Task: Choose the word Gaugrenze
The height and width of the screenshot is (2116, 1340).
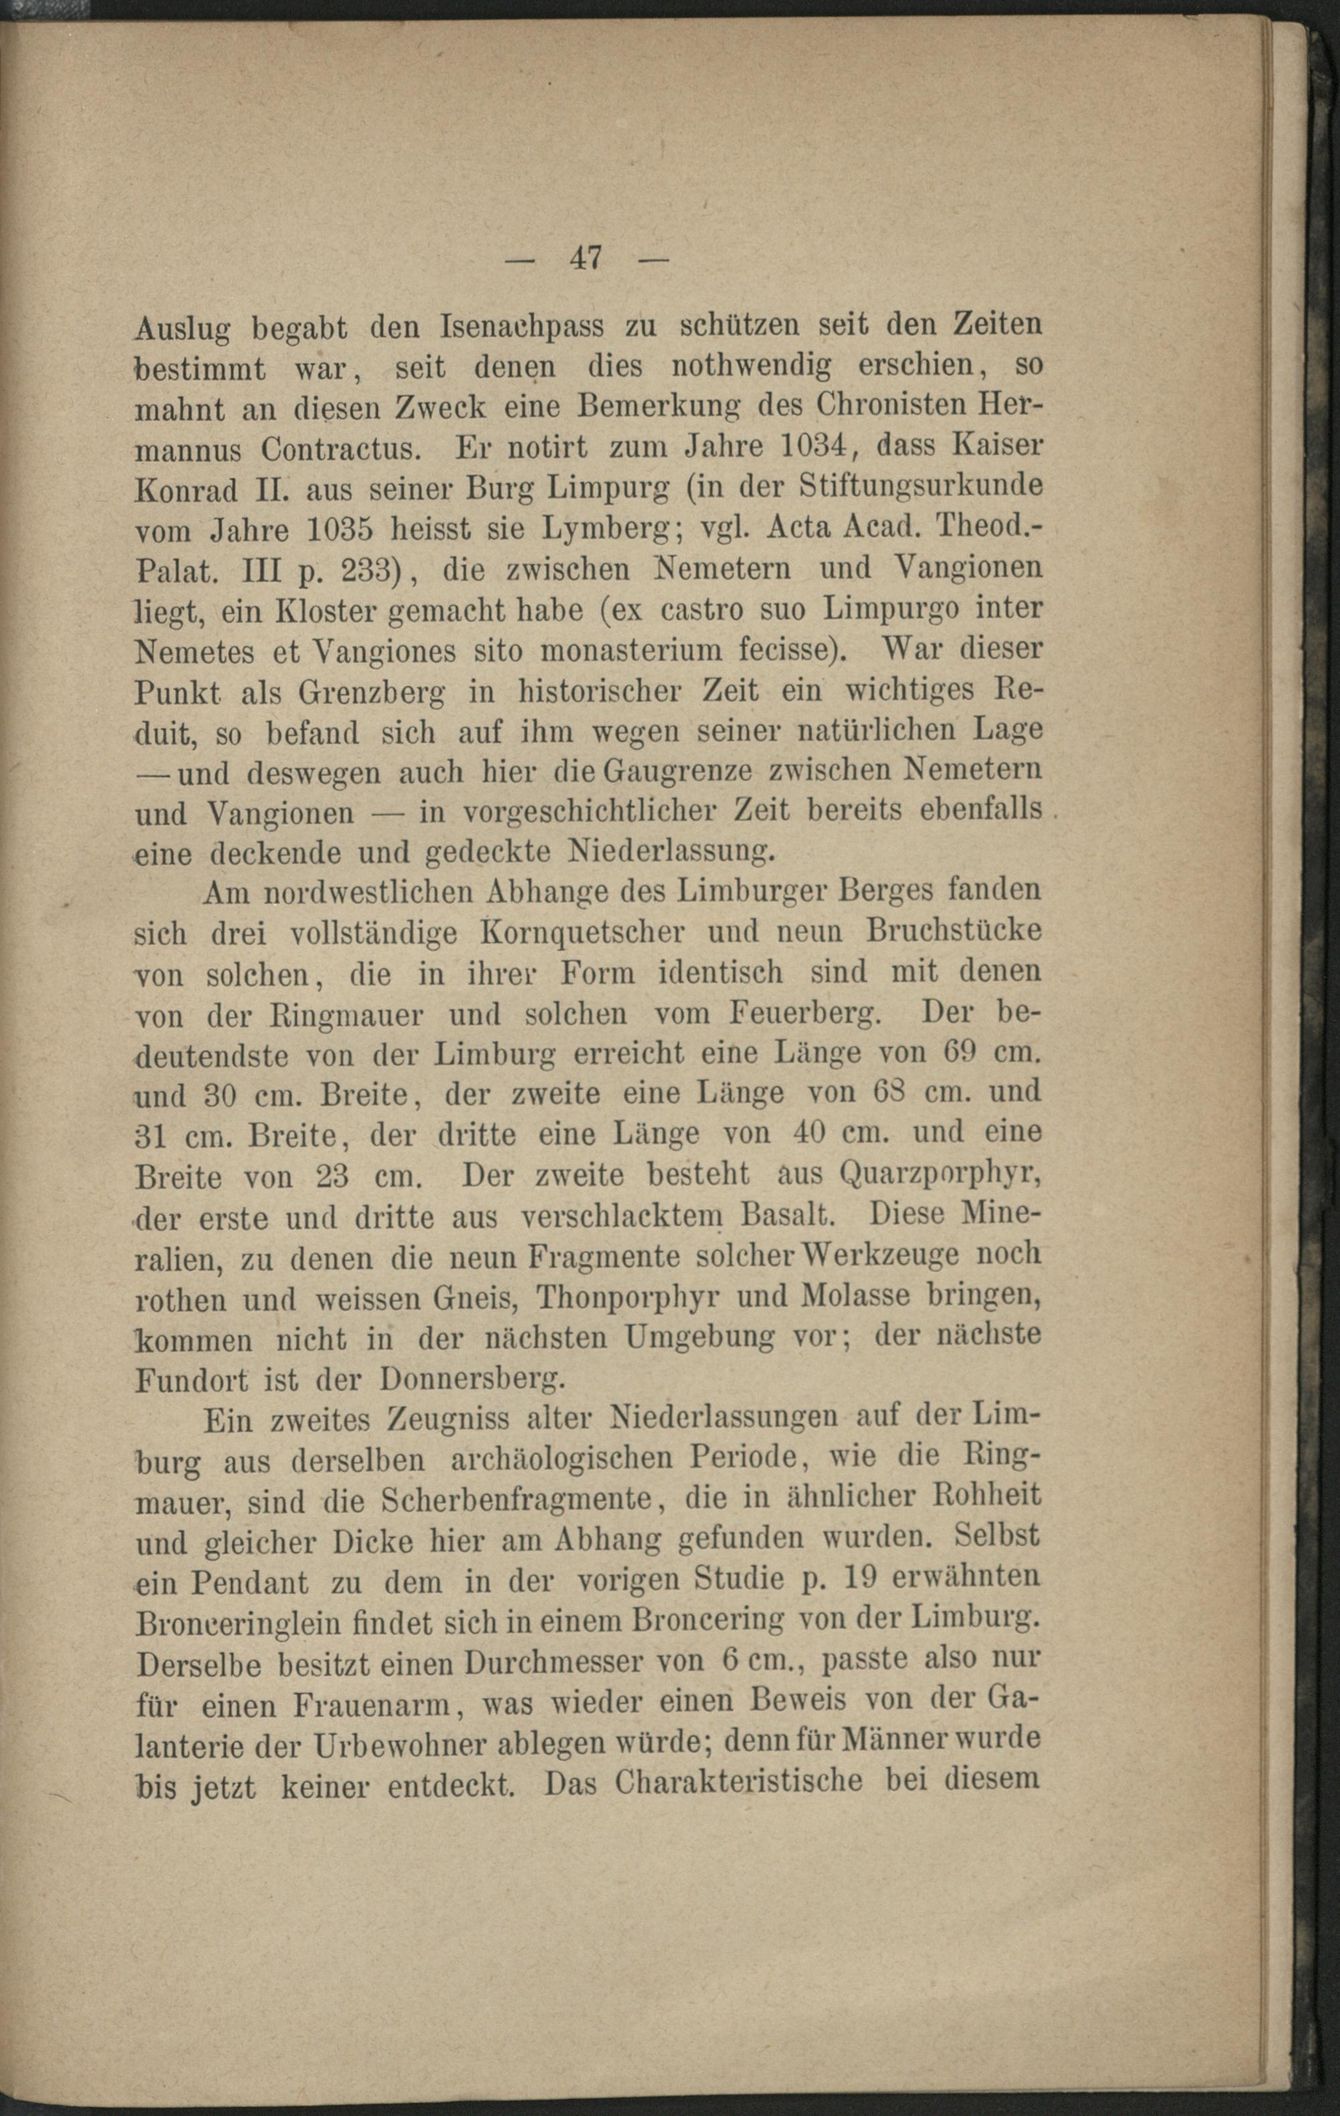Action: (677, 773)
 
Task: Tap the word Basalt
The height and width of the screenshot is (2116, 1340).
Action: (787, 1215)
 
